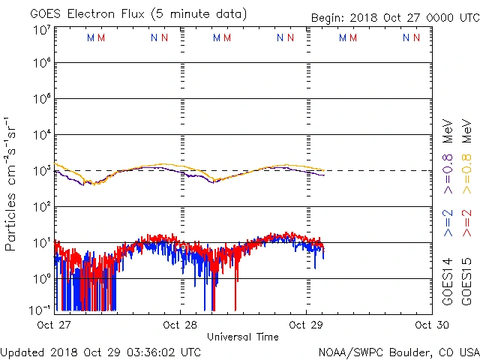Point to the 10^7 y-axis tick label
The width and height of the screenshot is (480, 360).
tap(41, 31)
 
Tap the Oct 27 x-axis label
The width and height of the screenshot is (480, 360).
tap(54, 325)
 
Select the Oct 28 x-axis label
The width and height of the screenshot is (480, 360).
tap(180, 325)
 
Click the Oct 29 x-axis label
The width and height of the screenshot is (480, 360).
tap(306, 325)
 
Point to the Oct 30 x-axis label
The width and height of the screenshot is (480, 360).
tap(432, 325)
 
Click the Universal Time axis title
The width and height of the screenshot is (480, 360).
tap(243, 337)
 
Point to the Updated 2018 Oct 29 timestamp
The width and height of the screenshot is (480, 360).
tap(100, 352)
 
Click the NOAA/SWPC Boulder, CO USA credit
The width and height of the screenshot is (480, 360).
tap(398, 352)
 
